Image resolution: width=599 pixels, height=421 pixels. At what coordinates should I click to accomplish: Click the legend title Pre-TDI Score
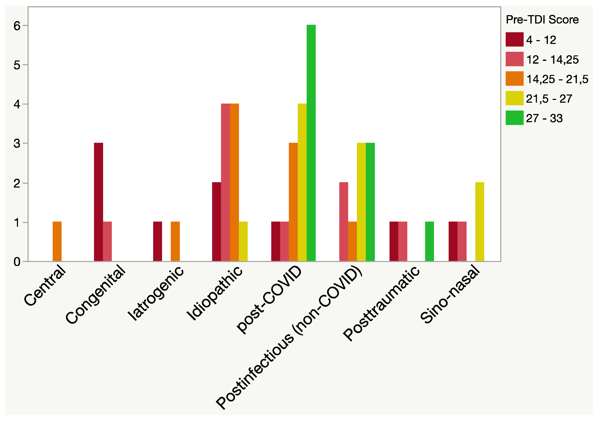point(542,20)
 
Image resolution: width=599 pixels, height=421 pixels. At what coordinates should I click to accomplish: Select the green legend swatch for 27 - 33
point(514,118)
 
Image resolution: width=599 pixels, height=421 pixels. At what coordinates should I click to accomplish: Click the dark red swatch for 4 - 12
point(514,39)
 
